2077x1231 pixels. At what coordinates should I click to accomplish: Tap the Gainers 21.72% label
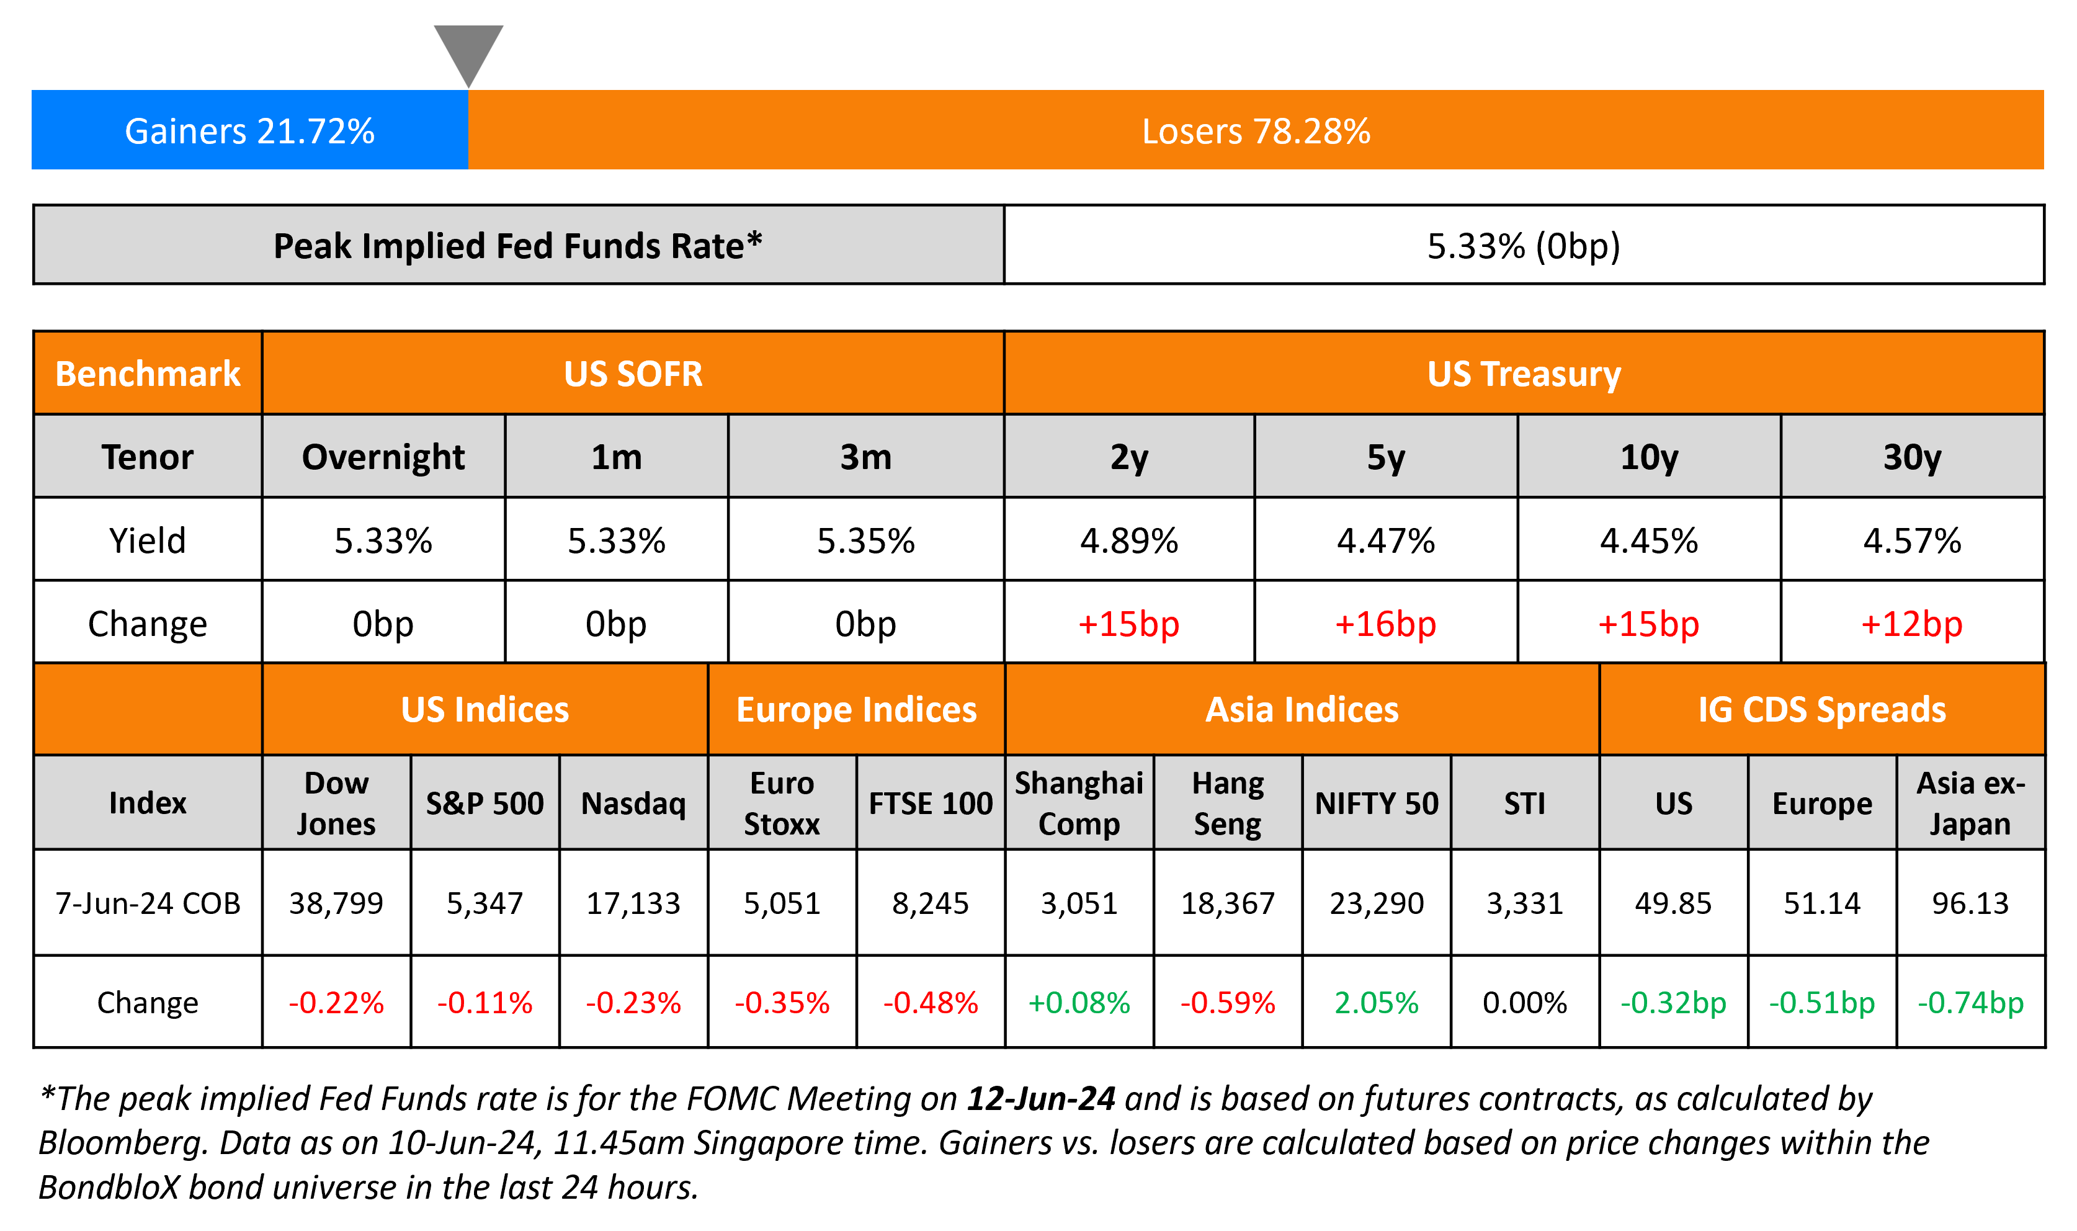(x=249, y=131)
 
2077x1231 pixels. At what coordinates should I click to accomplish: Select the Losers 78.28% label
(x=1256, y=131)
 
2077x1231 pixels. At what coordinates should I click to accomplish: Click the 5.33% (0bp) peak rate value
(x=1523, y=246)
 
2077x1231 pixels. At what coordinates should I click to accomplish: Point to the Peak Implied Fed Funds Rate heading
(x=517, y=246)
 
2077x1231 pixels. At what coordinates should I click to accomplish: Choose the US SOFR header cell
(x=633, y=374)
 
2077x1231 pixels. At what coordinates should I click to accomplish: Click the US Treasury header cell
(x=1523, y=374)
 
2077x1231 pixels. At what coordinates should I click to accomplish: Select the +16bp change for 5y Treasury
(x=1385, y=624)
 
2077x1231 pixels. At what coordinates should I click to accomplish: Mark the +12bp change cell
(x=1912, y=624)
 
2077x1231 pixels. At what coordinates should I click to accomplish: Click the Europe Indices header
(x=857, y=710)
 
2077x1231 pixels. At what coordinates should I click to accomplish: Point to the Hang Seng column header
(x=1227, y=803)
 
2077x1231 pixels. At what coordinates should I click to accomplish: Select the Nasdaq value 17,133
(x=633, y=903)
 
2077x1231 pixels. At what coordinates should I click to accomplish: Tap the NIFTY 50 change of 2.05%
(x=1377, y=1003)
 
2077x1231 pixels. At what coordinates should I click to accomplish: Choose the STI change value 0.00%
(x=1525, y=1003)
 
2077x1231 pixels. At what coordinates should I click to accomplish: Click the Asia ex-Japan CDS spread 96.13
(x=1970, y=903)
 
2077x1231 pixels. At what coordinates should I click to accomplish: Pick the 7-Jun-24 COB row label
(x=148, y=903)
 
